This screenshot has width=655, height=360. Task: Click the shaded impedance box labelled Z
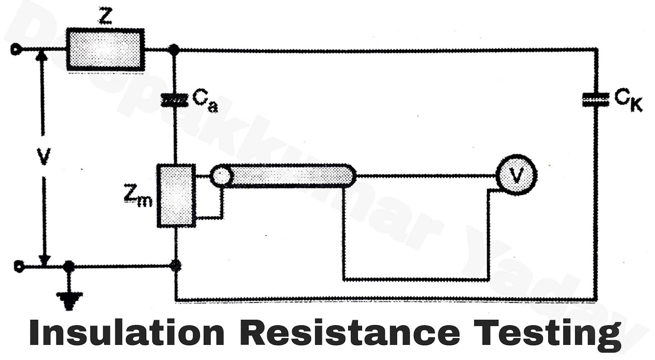105,49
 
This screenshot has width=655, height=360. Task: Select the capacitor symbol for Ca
175,100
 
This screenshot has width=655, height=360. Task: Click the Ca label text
205,101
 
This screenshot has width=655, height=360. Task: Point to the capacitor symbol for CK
596,100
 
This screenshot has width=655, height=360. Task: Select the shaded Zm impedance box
176,195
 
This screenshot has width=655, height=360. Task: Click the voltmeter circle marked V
516,175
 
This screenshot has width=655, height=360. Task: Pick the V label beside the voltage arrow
43,156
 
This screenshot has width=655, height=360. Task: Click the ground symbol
69,300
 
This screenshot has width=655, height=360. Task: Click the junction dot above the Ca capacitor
174,50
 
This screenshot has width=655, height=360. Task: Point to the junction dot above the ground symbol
69,267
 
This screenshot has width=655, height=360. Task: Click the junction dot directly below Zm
176,266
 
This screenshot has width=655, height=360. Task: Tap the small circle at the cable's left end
221,176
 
